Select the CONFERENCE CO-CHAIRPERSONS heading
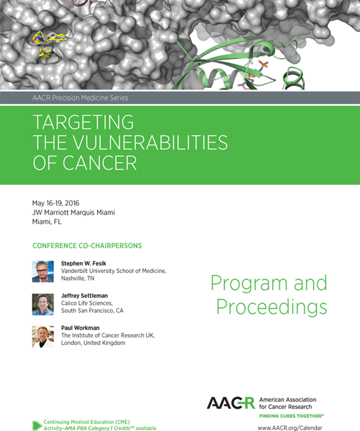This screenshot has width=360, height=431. pos(84,246)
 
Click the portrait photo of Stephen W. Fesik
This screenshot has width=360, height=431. pos(42,271)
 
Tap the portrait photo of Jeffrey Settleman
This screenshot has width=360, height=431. pos(42,304)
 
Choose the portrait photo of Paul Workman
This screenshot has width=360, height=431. pos(42,336)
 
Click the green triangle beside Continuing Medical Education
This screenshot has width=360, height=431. pos(37,425)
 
